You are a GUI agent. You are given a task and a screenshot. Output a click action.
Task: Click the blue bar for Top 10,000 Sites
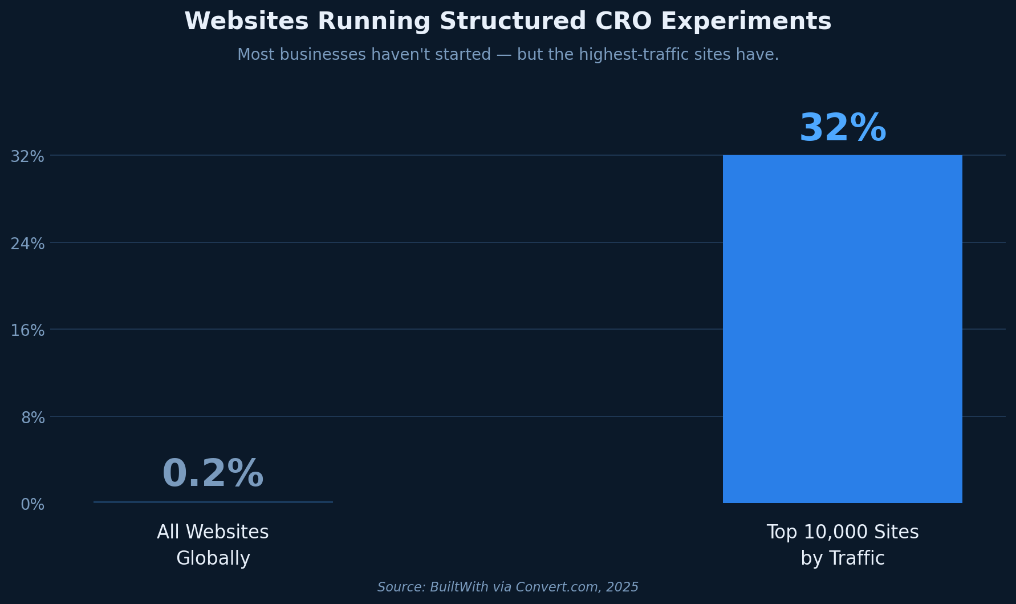click(x=842, y=329)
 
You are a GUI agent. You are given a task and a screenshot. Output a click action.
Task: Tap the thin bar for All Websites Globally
click(x=213, y=502)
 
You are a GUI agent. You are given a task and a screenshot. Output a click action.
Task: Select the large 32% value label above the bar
click(x=842, y=129)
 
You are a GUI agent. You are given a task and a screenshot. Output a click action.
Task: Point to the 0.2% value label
click(x=213, y=475)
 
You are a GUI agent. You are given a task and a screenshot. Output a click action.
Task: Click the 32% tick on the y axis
click(x=27, y=156)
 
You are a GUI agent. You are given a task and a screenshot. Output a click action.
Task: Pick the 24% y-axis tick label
click(x=27, y=244)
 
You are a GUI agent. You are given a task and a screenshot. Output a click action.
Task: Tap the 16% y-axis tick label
click(x=27, y=331)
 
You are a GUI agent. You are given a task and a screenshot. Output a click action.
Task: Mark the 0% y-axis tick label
click(x=32, y=505)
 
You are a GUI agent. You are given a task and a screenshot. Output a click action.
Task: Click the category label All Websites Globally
click(x=213, y=545)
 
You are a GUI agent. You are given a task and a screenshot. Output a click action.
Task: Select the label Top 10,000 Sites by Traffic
click(x=842, y=545)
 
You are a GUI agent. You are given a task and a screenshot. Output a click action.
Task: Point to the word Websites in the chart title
click(x=246, y=22)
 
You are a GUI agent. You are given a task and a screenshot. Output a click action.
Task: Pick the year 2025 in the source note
click(x=623, y=587)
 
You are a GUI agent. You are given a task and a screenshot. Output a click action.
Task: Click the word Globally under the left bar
click(x=213, y=558)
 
